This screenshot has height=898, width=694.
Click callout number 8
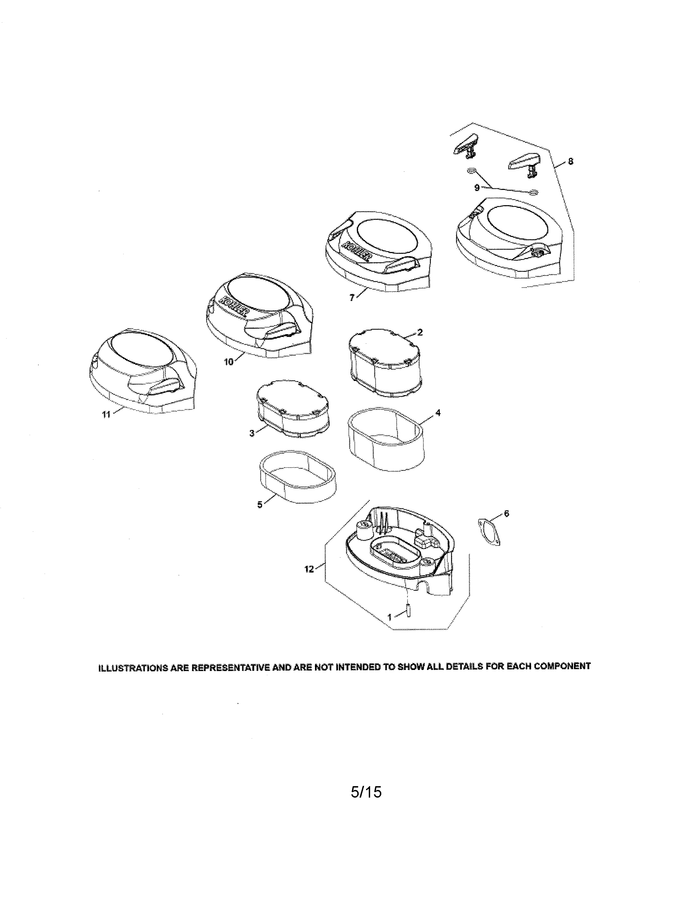pos(570,162)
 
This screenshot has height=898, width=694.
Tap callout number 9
pos(477,188)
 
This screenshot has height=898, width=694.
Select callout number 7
pos(352,298)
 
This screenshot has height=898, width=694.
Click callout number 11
pos(106,415)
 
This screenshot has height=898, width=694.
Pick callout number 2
pos(420,332)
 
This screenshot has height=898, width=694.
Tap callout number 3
pos(252,433)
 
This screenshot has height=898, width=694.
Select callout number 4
pos(438,413)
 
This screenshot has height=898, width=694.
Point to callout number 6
pos(506,513)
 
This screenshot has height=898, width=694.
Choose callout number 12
pos(309,569)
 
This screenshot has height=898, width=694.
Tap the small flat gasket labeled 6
pos(489,533)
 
